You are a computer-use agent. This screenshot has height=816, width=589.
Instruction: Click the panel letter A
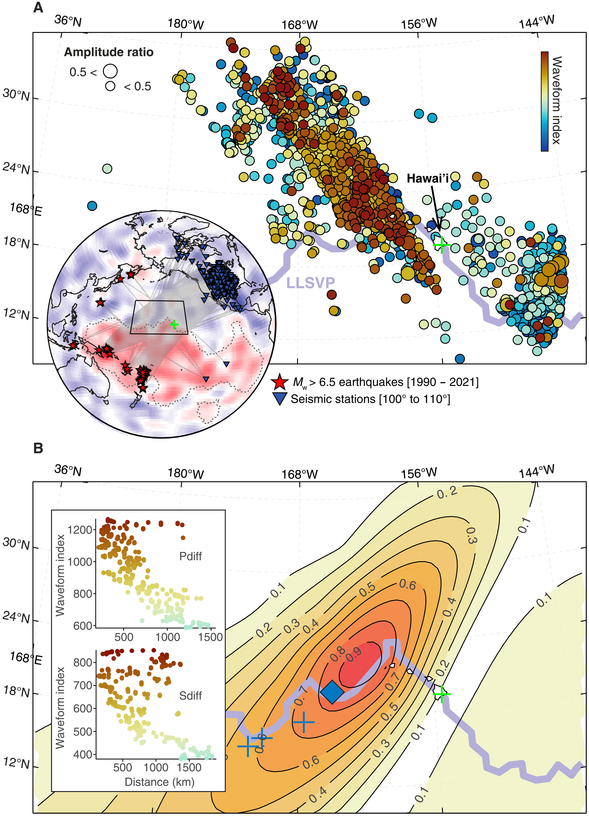click(38, 7)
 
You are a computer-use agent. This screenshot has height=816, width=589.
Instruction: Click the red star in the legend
click(280, 382)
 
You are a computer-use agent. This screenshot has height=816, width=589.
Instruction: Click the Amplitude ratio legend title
click(109, 53)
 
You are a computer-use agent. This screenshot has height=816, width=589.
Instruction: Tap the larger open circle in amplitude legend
click(110, 71)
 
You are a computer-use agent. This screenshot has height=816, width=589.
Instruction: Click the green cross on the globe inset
click(174, 325)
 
